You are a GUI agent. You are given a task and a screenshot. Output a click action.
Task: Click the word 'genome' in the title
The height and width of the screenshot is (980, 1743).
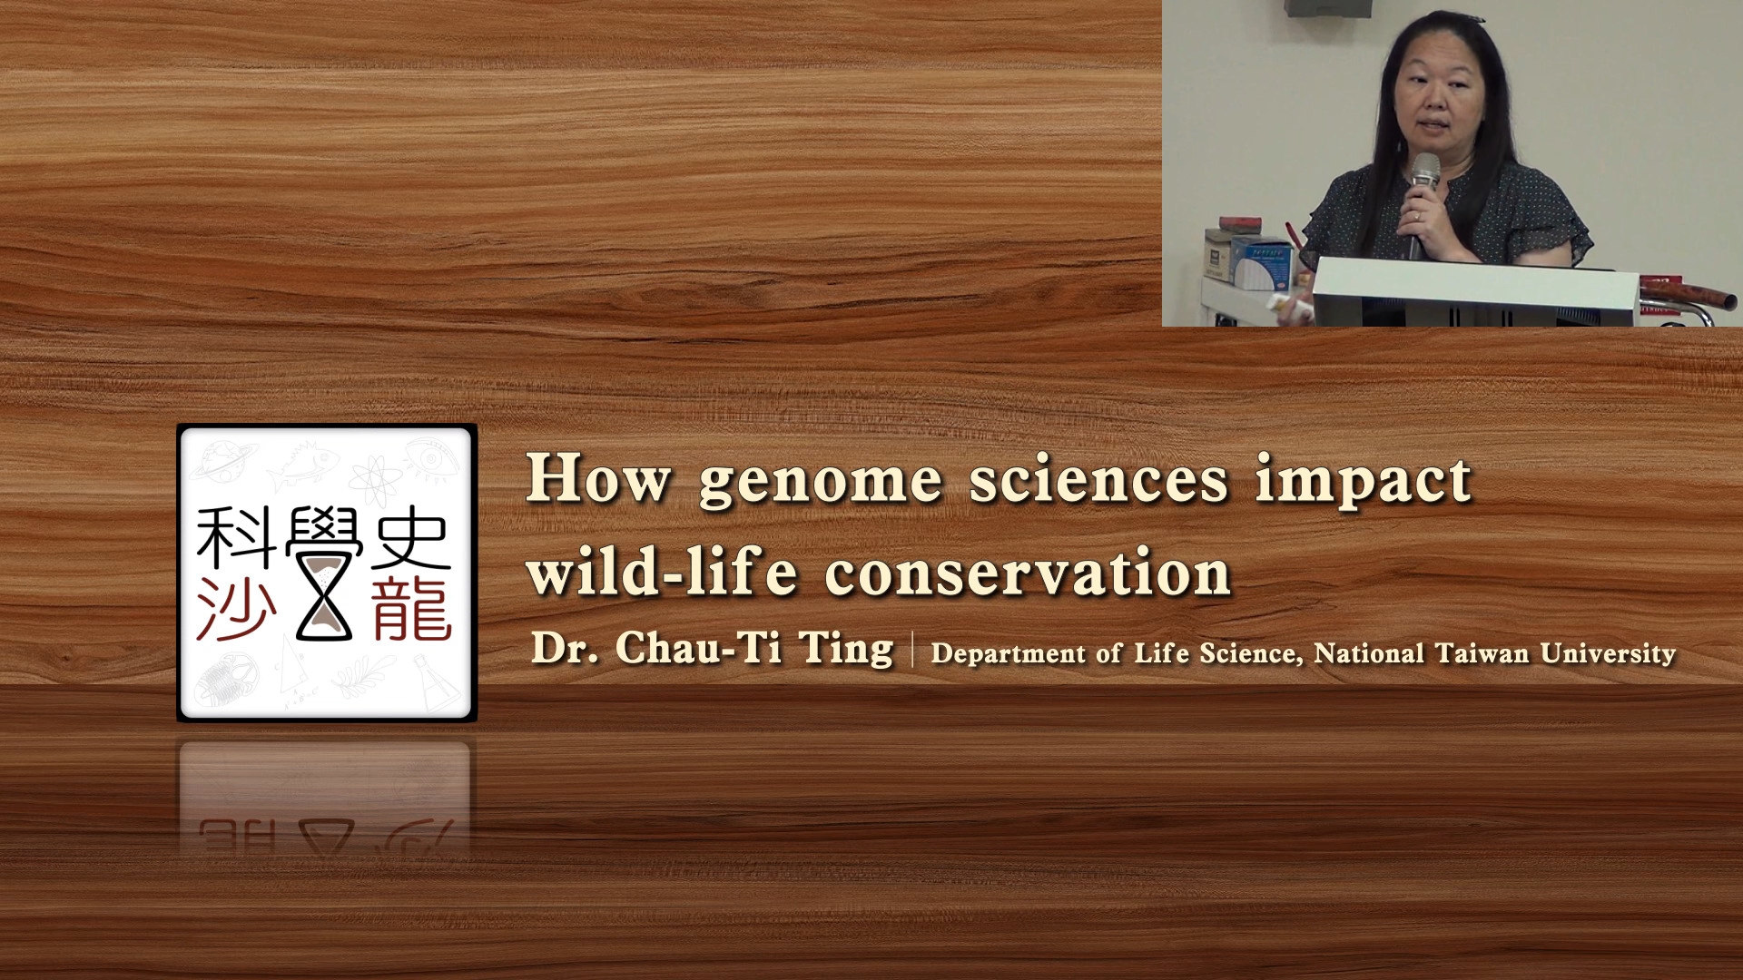pos(821,482)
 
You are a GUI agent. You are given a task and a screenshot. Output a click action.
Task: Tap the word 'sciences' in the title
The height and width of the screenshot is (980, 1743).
pos(1098,477)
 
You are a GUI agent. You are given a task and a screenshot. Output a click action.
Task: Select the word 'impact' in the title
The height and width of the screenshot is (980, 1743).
pos(1364,482)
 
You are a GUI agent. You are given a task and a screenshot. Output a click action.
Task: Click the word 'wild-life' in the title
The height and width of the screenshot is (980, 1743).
pos(662,571)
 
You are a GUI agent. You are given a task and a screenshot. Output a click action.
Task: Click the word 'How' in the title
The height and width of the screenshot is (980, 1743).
pos(599,477)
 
